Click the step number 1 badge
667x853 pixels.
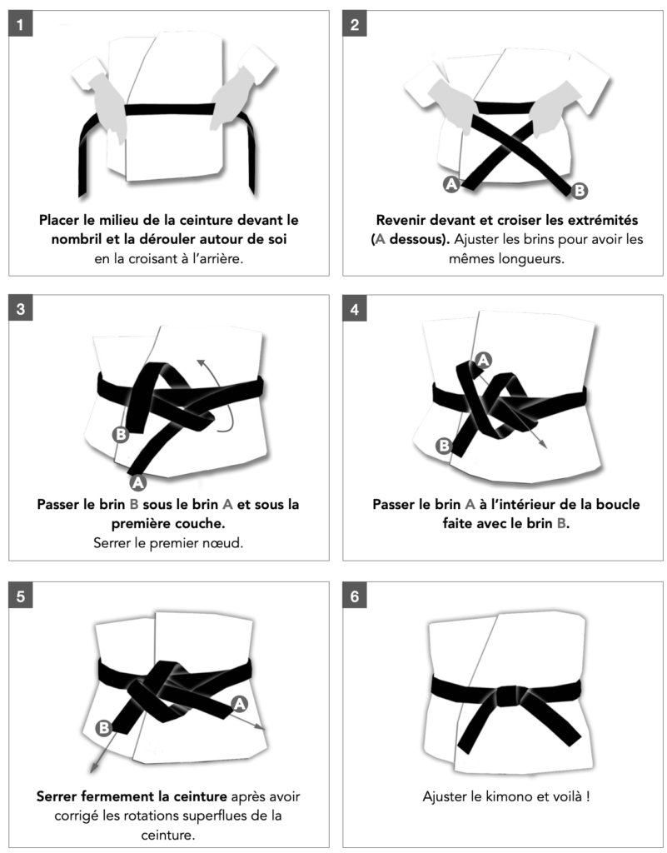click(20, 24)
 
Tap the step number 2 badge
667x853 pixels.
click(355, 24)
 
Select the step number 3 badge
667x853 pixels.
click(20, 309)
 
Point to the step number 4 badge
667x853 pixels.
click(355, 309)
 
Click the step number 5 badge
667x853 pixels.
click(20, 596)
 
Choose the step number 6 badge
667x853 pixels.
click(355, 596)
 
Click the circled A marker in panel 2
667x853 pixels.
click(451, 184)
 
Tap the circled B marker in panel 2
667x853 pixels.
click(580, 191)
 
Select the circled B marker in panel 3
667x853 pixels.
click(121, 435)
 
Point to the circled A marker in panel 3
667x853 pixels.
click(137, 482)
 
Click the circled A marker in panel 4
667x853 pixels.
click(483, 360)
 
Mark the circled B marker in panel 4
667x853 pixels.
click(444, 446)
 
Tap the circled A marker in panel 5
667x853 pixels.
click(239, 704)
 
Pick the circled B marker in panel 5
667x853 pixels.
click(104, 727)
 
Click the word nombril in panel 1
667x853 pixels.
click(76, 239)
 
